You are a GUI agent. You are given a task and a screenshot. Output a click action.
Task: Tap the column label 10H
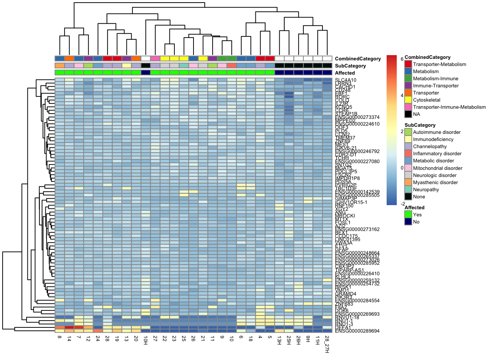[x=145, y=340]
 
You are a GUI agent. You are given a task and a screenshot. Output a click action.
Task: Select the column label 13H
[x=279, y=340]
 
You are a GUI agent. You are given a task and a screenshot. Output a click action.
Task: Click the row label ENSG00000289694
[x=357, y=331]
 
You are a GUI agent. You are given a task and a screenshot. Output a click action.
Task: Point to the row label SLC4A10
[x=346, y=80]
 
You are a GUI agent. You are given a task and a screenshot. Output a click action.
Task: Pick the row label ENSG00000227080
[x=357, y=162]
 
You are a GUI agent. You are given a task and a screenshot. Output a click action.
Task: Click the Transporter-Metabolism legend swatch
[x=408, y=64]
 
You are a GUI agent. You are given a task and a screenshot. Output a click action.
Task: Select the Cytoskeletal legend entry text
[x=427, y=100]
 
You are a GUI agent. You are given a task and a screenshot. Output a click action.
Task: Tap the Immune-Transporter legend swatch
[x=408, y=86]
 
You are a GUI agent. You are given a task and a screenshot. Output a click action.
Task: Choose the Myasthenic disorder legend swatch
[x=408, y=183]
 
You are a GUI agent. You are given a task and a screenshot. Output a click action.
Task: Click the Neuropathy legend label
[x=426, y=190]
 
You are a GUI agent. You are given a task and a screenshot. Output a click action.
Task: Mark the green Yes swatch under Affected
[x=408, y=215]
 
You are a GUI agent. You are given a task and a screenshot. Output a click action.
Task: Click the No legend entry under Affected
[x=416, y=222]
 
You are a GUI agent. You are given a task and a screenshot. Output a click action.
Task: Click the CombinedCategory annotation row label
[x=358, y=59]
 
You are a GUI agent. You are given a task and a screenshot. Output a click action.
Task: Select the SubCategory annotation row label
[x=350, y=66]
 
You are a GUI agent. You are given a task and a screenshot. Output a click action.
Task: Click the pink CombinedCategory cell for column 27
[x=155, y=58]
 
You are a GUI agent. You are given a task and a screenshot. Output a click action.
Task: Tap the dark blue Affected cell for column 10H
[x=145, y=73]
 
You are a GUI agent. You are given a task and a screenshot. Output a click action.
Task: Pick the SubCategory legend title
[x=420, y=125]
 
